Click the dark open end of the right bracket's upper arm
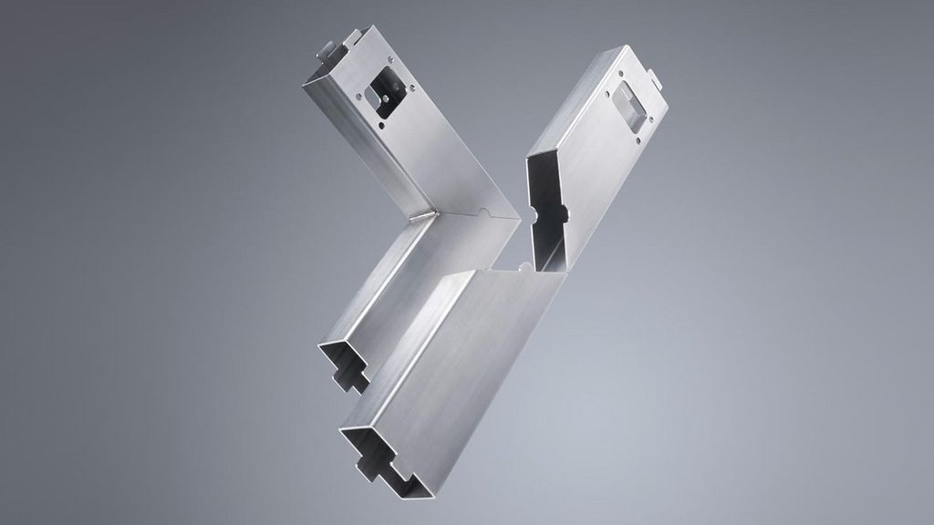(x=545, y=210)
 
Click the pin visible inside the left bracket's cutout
(x=382, y=95)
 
